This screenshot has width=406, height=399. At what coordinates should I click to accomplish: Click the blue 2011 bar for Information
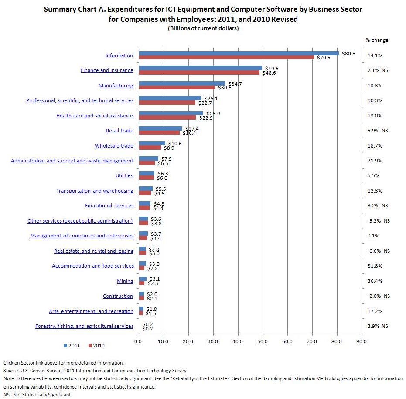tap(239, 53)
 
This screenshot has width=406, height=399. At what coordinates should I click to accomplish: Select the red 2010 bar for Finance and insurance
tap(199, 72)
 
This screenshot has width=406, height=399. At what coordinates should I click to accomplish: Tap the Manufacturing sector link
tap(116, 85)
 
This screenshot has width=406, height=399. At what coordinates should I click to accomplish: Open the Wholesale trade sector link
tap(114, 146)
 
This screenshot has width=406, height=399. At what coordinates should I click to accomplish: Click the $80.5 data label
tap(348, 53)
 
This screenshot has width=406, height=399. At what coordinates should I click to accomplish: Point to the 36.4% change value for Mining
tap(375, 281)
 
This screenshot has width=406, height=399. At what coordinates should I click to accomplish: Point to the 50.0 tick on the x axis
tap(263, 341)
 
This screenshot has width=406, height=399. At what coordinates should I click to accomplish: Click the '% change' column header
tap(377, 40)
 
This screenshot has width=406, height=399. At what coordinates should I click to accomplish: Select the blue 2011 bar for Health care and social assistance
tap(171, 114)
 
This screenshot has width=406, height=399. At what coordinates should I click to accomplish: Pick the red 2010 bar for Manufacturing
tap(177, 88)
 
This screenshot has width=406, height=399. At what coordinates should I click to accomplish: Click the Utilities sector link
tap(124, 175)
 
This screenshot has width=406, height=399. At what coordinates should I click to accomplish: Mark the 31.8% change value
tap(375, 266)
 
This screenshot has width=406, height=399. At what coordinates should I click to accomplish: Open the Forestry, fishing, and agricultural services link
tap(84, 326)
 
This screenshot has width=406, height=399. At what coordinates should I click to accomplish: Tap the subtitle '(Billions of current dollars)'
tap(203, 28)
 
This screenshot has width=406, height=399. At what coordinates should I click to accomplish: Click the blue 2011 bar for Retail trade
tap(160, 128)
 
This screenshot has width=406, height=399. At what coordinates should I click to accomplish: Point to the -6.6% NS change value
tap(378, 251)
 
